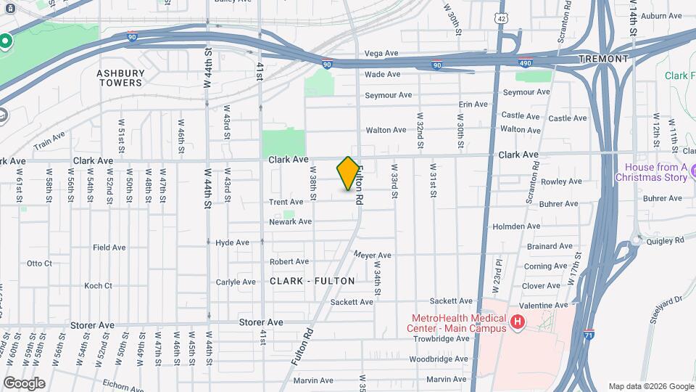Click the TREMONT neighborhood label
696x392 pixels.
(x=603, y=58)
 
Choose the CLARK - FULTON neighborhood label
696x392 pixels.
(x=312, y=281)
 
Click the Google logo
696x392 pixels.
(x=23, y=383)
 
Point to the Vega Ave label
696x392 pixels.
(x=381, y=53)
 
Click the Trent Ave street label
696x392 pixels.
(x=286, y=202)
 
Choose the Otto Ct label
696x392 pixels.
(x=39, y=264)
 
